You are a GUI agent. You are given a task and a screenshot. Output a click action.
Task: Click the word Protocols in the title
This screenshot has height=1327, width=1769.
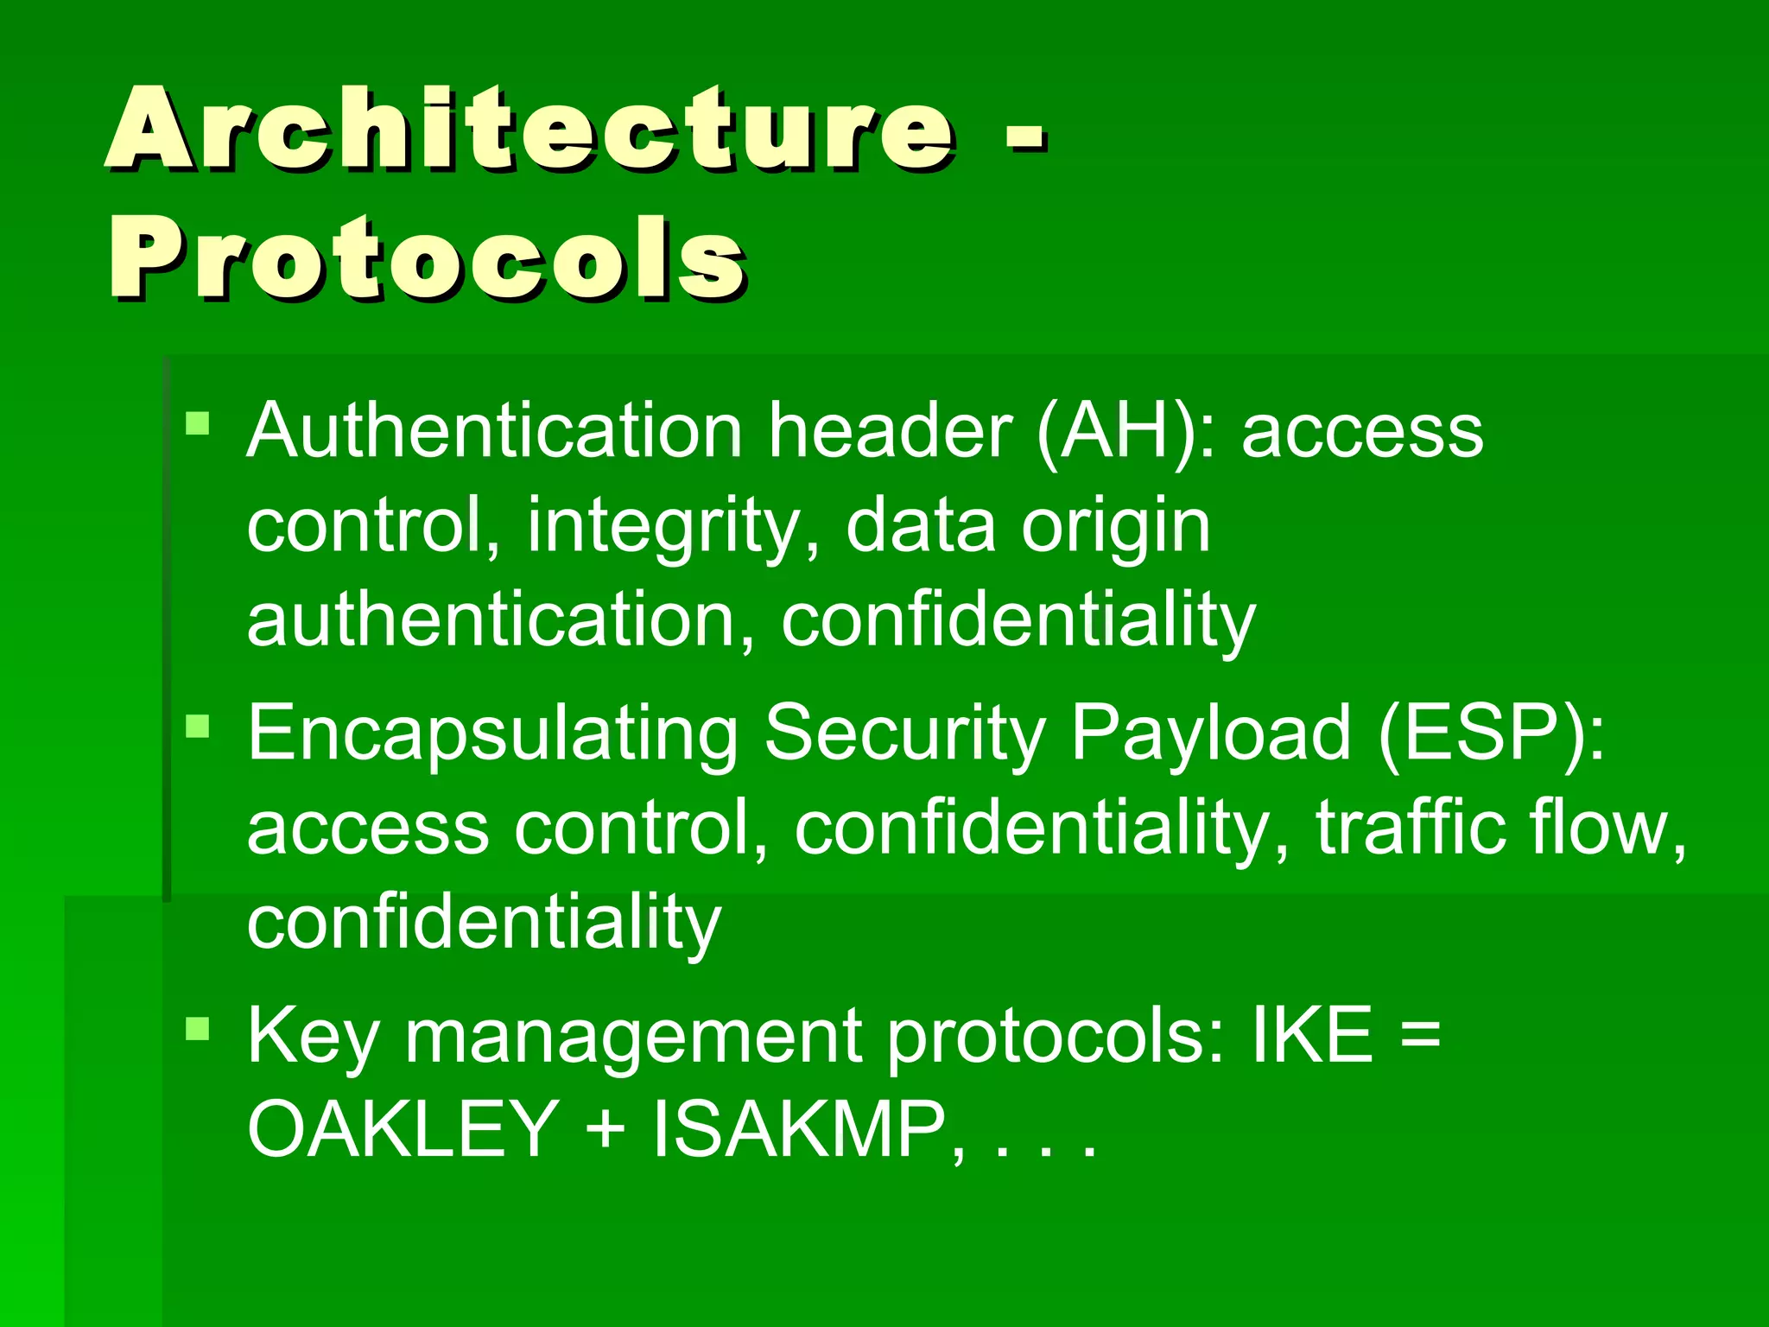coord(427,259)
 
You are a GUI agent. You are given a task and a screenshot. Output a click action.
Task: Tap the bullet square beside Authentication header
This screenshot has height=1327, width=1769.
coord(198,423)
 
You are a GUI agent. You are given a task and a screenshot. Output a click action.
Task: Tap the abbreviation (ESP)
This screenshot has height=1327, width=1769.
coord(1491,733)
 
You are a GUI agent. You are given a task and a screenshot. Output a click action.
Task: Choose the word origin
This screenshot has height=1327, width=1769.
coord(1115,527)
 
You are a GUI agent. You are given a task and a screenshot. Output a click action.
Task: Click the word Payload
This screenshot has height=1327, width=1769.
coord(1210,733)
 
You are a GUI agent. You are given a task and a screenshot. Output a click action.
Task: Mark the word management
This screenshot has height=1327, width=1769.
coord(633,1036)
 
